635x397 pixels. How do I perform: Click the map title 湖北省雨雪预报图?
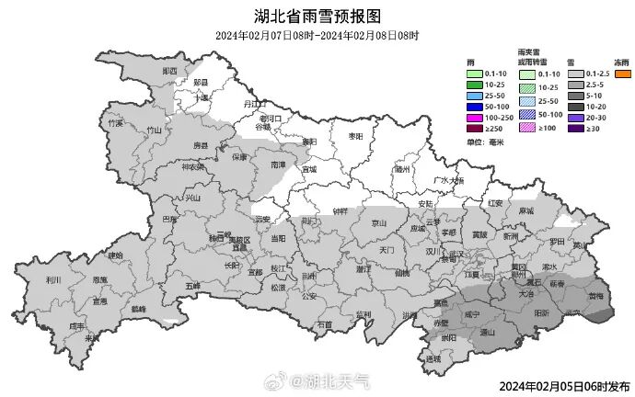pos(317,16)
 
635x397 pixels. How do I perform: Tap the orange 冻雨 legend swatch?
pos(623,74)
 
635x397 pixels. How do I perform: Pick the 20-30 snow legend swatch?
pos(575,118)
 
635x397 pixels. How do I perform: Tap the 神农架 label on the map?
pos(191,166)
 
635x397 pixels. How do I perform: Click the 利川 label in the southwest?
pos(52,279)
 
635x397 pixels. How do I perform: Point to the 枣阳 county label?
pos(349,136)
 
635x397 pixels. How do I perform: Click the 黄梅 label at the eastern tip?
pos(596,297)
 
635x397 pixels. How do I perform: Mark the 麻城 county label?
pos(525,210)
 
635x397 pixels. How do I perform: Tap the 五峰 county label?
pos(192,286)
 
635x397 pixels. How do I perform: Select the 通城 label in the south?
pos(433,358)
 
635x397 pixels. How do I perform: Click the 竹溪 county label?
pos(115,122)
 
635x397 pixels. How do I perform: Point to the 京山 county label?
pos(378,221)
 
